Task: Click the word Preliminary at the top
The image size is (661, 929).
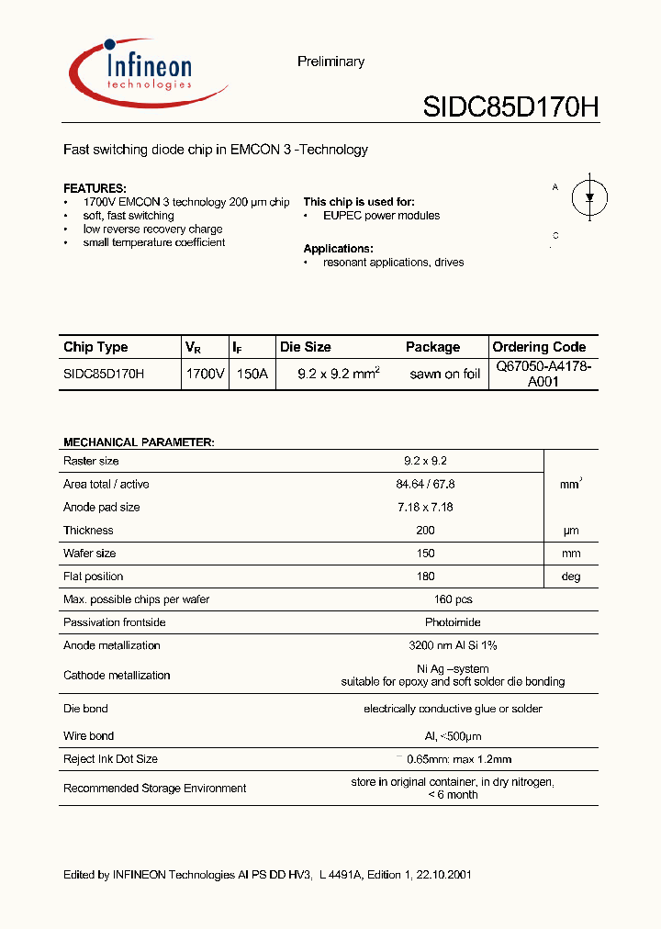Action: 330,62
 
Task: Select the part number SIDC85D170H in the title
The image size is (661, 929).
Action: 510,108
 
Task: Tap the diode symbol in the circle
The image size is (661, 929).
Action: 588,196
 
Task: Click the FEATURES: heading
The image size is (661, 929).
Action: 95,187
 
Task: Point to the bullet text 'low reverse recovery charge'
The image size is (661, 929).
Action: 152,229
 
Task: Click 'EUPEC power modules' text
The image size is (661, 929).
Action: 381,216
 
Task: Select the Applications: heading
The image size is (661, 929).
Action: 338,249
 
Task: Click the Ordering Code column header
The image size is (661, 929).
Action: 539,347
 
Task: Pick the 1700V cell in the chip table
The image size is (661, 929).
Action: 205,375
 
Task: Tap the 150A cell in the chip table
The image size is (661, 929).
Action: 252,375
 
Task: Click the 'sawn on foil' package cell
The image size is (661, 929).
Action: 444,375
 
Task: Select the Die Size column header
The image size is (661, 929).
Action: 306,347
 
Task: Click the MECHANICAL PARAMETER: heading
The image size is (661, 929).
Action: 139,442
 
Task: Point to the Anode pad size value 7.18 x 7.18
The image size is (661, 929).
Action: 425,508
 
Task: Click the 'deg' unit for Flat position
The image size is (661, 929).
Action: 570,576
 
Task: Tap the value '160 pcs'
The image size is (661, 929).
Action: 453,599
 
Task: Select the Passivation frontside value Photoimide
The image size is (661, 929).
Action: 453,622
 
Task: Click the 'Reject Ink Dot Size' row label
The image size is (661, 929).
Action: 110,759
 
